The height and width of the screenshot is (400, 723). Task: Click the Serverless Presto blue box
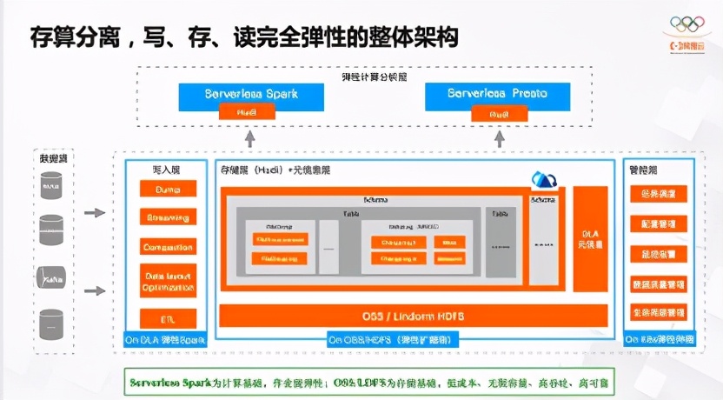498,93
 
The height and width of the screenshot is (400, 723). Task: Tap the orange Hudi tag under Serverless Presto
498,113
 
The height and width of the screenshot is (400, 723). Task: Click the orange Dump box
168,189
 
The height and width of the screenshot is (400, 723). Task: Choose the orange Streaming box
168,217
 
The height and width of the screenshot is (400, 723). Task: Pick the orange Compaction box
168,246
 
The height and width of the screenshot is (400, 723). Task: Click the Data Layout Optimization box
168,281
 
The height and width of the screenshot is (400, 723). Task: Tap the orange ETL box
168,318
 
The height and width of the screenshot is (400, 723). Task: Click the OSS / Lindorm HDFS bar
414,315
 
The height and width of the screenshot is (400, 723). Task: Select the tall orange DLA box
590,241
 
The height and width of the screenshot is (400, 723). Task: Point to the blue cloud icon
545,180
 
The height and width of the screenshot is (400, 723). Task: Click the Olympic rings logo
690,25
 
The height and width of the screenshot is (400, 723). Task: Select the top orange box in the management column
659,193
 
